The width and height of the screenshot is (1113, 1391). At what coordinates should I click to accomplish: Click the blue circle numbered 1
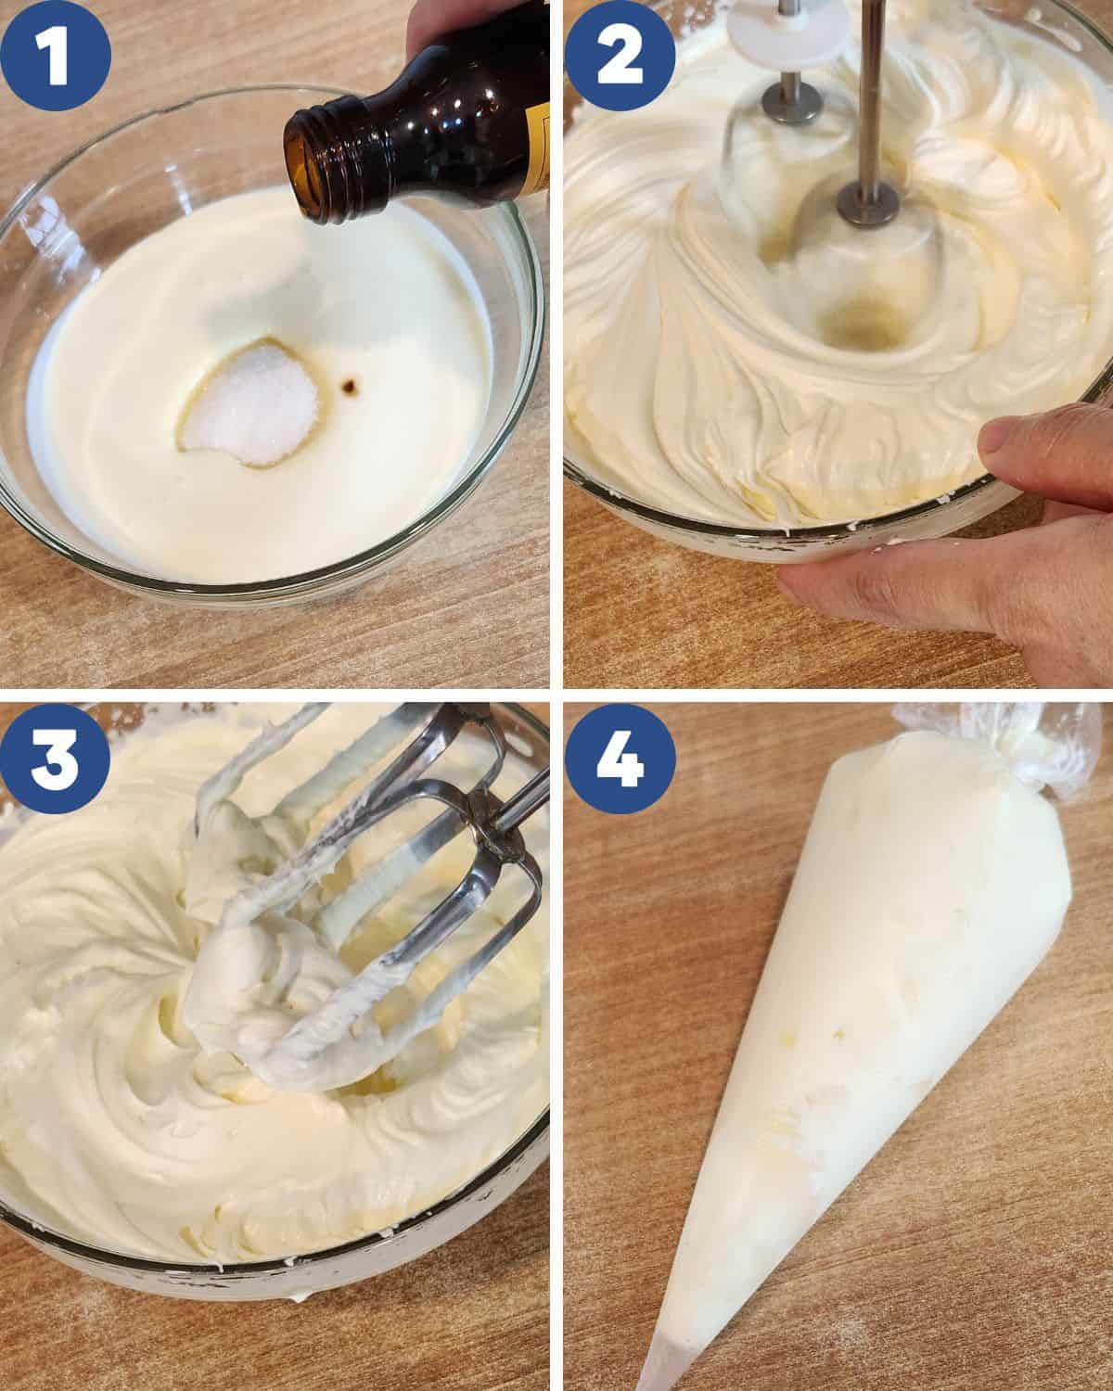pos(56,55)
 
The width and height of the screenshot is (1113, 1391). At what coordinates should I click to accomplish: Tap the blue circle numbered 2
pos(620,55)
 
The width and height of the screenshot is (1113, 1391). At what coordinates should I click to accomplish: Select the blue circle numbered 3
pos(55,758)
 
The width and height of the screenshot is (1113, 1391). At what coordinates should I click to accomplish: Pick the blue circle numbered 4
pos(620,758)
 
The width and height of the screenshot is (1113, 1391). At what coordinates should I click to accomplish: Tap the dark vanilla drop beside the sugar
pos(350,387)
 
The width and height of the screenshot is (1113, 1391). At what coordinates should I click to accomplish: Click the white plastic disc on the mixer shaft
pos(789,29)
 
